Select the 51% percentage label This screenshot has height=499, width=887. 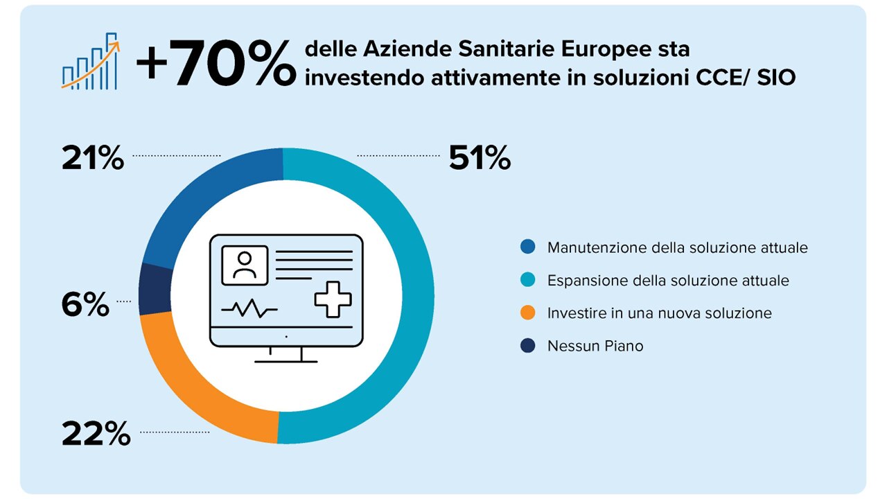pyautogui.click(x=480, y=158)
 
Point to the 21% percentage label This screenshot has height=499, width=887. pyautogui.click(x=93, y=158)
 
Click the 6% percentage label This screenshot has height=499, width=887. pyautogui.click(x=85, y=304)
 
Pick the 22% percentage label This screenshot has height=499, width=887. pyautogui.click(x=96, y=434)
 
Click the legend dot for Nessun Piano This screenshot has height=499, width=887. pyautogui.click(x=528, y=346)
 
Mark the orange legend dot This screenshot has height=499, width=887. pyautogui.click(x=528, y=313)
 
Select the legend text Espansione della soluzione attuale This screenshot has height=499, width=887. pyautogui.click(x=668, y=281)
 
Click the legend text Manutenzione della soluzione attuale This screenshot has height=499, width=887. pyautogui.click(x=677, y=247)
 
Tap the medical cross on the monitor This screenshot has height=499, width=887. pyautogui.click(x=333, y=299)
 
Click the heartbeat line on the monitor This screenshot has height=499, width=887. pyautogui.click(x=249, y=310)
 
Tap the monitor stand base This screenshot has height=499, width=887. pyautogui.click(x=286, y=360)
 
